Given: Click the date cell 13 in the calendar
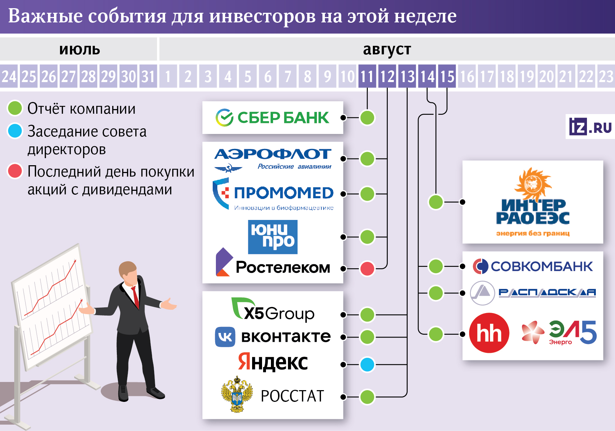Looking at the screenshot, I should [408, 76].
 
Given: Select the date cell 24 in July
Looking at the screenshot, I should [9, 76].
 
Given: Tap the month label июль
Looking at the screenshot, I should [80, 49].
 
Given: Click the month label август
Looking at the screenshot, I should [387, 49].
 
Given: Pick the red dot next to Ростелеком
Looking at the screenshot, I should [367, 269].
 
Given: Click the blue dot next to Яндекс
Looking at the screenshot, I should [367, 365].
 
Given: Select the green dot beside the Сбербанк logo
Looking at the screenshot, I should [367, 118].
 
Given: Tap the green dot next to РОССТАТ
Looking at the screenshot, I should [367, 397].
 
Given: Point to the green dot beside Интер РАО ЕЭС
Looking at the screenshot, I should [436, 202].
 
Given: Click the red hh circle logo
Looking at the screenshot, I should [489, 333].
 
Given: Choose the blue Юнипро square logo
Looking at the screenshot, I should [273, 237].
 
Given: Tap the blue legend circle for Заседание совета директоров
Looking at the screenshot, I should [15, 131].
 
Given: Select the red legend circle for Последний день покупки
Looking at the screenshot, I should [15, 171].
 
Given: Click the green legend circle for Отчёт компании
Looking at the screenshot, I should [15, 108].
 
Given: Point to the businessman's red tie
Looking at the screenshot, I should [136, 297].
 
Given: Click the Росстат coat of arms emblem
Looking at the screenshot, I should [237, 395].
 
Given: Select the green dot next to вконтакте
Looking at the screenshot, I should [367, 337].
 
